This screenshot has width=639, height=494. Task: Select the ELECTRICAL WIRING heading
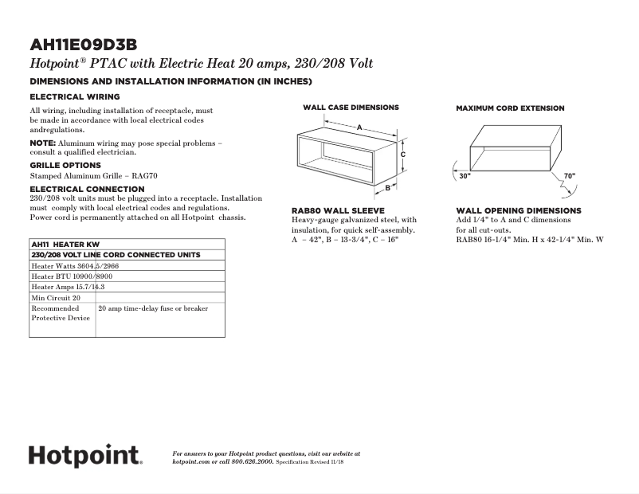click(75, 96)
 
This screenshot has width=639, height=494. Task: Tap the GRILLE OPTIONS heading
click(65, 165)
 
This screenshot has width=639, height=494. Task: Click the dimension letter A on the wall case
click(359, 127)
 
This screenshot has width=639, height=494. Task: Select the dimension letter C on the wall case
click(403, 154)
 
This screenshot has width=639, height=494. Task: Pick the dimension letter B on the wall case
click(387, 188)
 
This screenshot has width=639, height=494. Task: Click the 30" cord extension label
click(465, 176)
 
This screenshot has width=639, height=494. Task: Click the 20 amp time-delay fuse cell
click(152, 308)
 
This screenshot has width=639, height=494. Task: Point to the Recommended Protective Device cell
click(61, 313)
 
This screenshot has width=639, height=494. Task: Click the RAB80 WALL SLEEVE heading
click(338, 211)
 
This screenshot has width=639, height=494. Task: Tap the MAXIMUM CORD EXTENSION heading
click(510, 108)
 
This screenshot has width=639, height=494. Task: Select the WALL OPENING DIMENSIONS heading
click(519, 211)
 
